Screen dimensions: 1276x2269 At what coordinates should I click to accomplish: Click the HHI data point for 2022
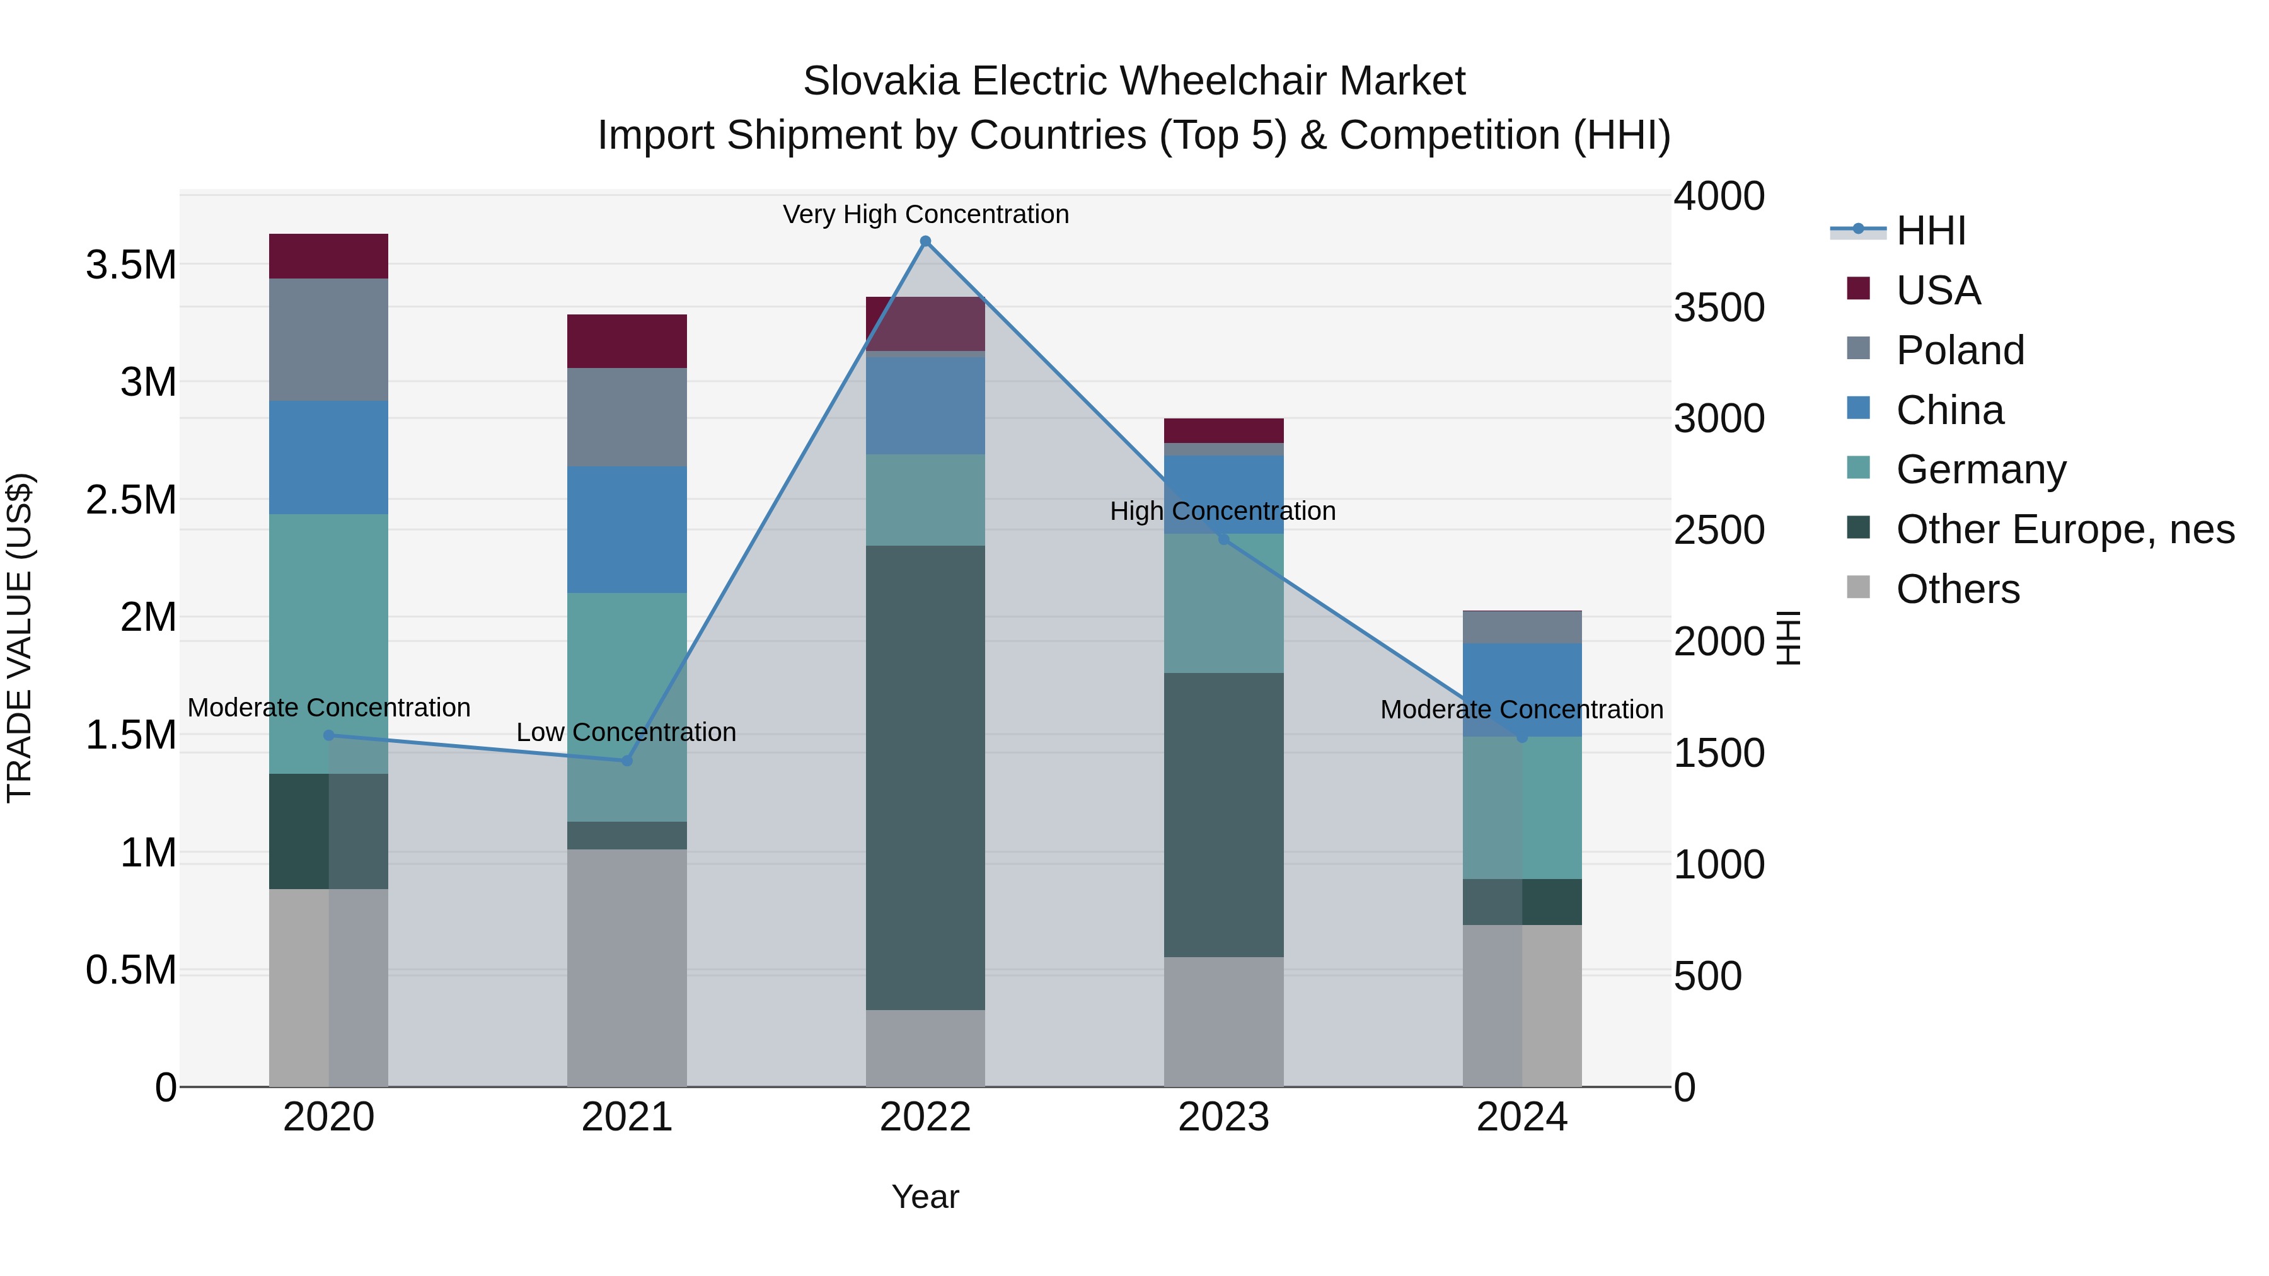pyautogui.click(x=925, y=241)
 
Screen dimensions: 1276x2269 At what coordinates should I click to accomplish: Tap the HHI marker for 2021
pyautogui.click(x=627, y=761)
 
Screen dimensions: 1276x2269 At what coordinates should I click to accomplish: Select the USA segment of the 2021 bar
pyautogui.click(x=626, y=341)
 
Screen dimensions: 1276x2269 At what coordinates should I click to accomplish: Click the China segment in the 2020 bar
pyautogui.click(x=328, y=457)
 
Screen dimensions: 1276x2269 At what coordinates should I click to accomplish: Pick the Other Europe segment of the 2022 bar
pyautogui.click(x=925, y=777)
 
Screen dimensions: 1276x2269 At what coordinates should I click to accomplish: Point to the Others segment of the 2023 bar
pyautogui.click(x=1223, y=1021)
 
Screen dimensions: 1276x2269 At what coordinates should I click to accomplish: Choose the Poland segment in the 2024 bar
pyautogui.click(x=1522, y=627)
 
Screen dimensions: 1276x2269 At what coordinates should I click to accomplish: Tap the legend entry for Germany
pyautogui.click(x=1980, y=469)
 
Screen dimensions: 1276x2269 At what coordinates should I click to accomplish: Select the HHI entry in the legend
pyautogui.click(x=1930, y=231)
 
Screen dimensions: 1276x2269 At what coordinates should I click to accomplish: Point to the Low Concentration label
pyautogui.click(x=626, y=732)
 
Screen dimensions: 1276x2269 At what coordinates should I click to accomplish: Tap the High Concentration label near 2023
pyautogui.click(x=1223, y=511)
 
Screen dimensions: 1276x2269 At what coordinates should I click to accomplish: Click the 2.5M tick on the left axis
pyautogui.click(x=130, y=499)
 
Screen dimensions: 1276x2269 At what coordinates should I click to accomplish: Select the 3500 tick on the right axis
pyautogui.click(x=1719, y=308)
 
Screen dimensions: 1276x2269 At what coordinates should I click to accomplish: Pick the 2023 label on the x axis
pyautogui.click(x=1223, y=1117)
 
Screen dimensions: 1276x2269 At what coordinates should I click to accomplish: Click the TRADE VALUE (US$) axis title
pyautogui.click(x=20, y=638)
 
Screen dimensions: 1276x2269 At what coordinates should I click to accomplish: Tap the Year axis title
pyautogui.click(x=925, y=1197)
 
